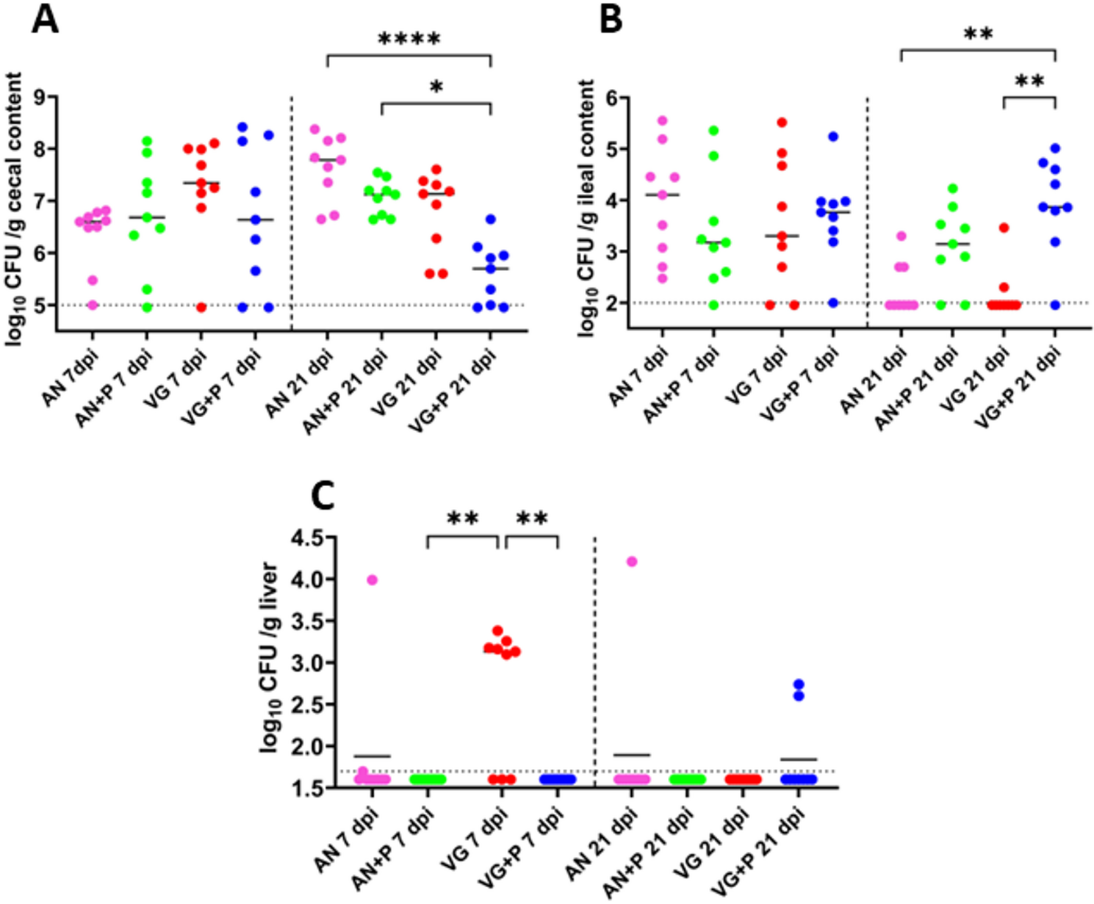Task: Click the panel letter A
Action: point(45,20)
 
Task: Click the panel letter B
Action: point(611,20)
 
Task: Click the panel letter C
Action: point(323,496)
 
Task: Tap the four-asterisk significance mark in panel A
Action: point(409,40)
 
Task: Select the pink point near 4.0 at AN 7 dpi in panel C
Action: point(372,580)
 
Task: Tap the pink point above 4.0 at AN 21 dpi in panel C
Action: point(631,562)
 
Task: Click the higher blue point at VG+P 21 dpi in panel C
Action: point(799,684)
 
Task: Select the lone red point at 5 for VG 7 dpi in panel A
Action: point(201,307)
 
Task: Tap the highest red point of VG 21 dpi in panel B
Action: point(1004,228)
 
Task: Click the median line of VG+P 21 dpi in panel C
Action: point(799,759)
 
